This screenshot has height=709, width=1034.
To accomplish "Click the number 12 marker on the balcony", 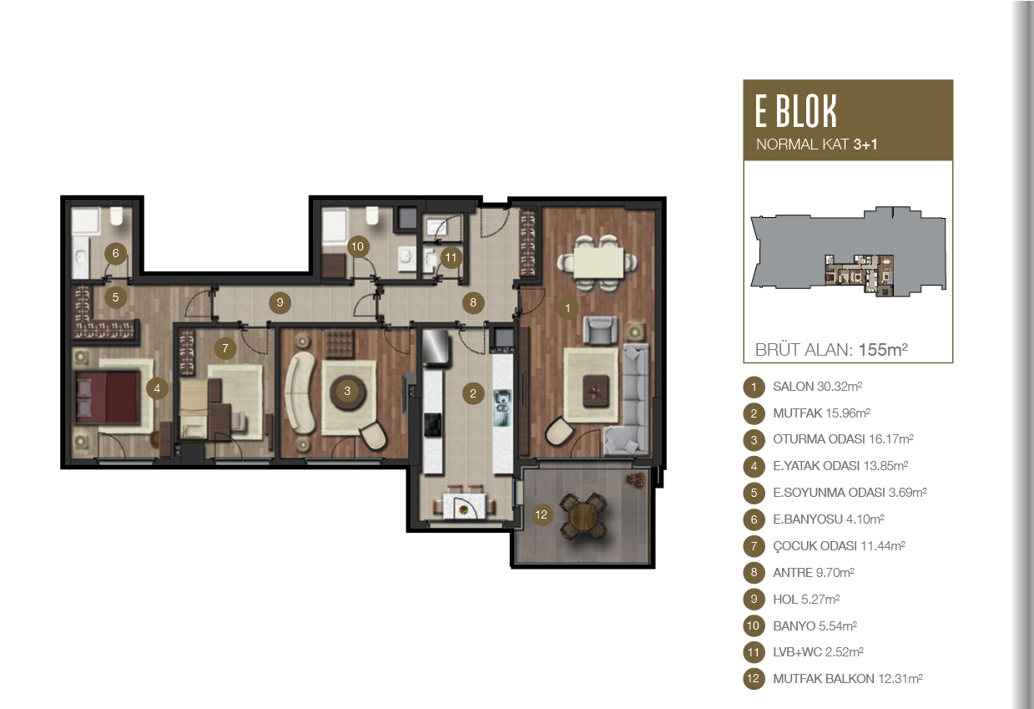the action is click(541, 514).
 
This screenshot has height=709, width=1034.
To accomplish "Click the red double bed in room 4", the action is click(108, 397).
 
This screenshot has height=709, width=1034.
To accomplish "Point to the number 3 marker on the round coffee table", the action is click(347, 391).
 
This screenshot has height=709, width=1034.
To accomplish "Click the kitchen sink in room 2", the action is click(502, 408).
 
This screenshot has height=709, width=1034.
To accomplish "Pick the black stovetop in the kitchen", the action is click(432, 425).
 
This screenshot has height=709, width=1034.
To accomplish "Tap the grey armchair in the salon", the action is click(600, 330).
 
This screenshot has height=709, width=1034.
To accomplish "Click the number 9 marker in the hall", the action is click(280, 302).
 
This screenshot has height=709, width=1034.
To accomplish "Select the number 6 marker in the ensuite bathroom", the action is click(115, 253).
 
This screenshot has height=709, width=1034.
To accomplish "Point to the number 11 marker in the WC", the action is click(451, 257).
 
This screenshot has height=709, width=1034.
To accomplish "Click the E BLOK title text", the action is click(796, 111).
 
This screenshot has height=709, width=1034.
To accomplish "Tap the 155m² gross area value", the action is click(883, 350).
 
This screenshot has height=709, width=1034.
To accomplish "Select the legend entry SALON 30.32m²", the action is click(818, 386).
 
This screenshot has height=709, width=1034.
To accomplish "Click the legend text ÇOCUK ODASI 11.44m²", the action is click(840, 546).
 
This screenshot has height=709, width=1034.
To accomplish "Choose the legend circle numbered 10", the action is click(754, 625).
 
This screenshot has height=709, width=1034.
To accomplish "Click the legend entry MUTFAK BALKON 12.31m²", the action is click(848, 678).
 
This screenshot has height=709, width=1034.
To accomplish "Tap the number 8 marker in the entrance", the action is click(473, 302).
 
